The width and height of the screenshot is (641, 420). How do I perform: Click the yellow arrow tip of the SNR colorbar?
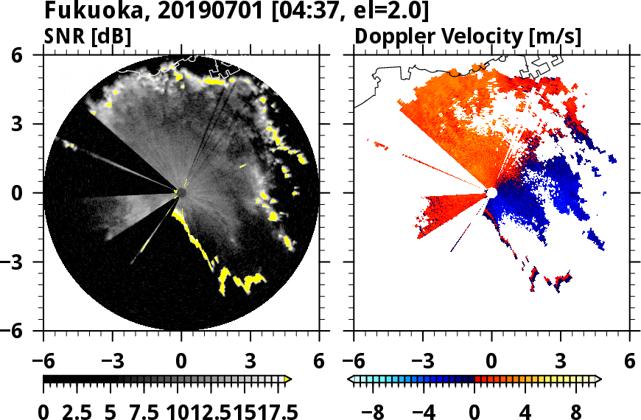pyautogui.click(x=288, y=379)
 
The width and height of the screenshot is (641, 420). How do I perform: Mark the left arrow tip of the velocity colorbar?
pyautogui.click(x=351, y=379)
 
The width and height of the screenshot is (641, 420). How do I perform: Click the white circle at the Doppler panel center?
pyautogui.click(x=491, y=193)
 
